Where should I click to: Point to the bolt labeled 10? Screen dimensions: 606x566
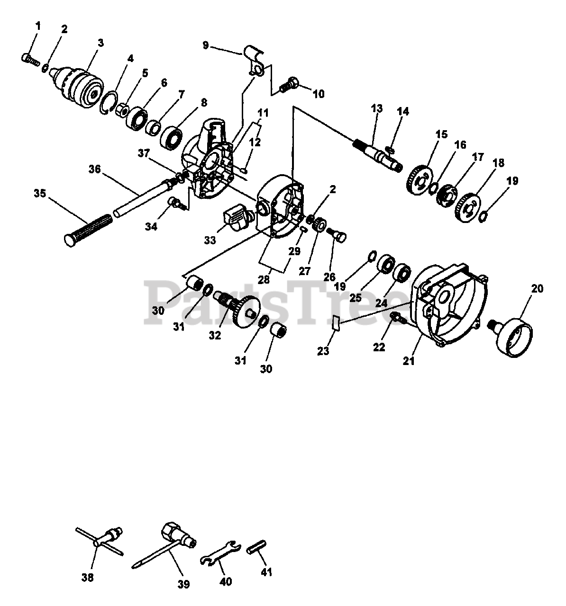[288, 85]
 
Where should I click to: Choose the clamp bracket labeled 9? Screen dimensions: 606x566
[254, 59]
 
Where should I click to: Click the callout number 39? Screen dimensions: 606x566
[183, 584]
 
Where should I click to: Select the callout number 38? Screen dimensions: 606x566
[87, 577]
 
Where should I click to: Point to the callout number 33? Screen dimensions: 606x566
[210, 240]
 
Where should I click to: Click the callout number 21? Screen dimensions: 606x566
[408, 361]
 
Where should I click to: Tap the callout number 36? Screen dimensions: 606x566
[95, 169]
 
